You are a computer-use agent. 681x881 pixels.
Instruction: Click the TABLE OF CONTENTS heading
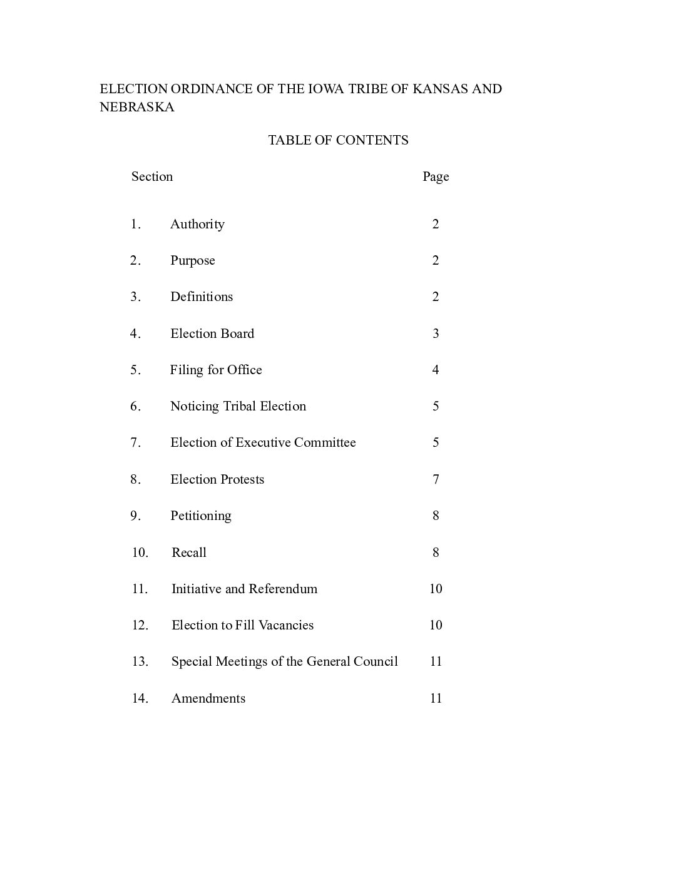point(338,140)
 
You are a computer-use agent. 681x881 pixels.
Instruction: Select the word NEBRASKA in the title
point(137,107)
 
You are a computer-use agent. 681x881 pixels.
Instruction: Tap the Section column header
point(152,176)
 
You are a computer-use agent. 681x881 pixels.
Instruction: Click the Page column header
point(436,176)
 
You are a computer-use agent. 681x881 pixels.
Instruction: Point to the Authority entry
point(197,224)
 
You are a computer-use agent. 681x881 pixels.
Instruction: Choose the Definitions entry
point(202,297)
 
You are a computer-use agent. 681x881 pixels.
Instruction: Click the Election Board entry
point(212,334)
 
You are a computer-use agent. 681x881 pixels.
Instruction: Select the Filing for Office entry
point(216,370)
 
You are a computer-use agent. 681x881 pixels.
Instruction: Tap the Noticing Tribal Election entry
point(238,406)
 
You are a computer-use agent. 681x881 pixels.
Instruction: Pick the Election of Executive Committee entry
point(263,442)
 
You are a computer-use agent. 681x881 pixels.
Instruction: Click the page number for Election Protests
point(436,479)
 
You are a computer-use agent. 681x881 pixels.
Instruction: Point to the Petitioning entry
point(201,516)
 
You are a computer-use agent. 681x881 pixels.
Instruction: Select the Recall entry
point(189,553)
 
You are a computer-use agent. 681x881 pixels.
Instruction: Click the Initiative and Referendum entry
point(244,589)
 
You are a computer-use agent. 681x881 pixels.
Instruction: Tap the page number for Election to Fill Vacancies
point(436,625)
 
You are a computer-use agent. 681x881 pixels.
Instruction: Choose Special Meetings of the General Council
point(284,661)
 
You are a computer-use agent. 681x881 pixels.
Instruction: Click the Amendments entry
point(208,698)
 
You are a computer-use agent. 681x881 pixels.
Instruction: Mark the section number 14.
point(140,698)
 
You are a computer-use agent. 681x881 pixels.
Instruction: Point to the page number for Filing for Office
point(436,370)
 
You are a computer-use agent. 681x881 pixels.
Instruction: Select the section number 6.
point(136,406)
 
